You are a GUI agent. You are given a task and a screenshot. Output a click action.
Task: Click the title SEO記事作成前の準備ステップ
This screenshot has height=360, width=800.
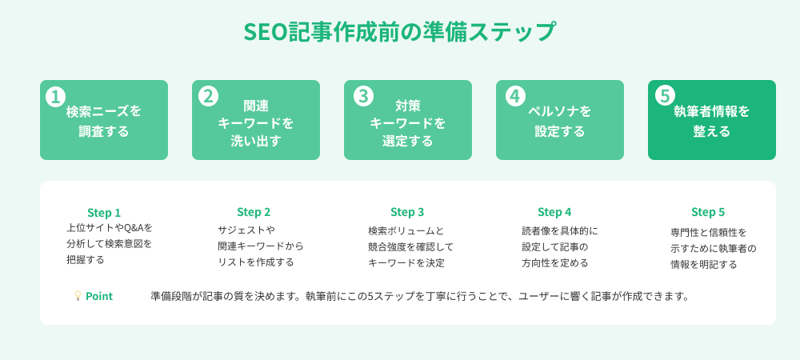(399, 32)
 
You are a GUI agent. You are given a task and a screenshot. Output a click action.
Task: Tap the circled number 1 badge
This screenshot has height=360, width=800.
(55, 97)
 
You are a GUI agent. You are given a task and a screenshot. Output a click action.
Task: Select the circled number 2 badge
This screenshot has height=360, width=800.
(208, 96)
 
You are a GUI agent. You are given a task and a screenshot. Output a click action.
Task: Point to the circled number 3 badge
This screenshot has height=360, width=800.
(363, 96)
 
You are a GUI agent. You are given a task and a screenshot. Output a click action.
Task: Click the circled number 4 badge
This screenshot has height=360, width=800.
(515, 96)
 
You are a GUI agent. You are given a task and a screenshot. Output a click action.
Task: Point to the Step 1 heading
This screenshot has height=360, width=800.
(104, 213)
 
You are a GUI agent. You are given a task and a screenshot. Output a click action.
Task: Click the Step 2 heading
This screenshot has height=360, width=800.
(254, 212)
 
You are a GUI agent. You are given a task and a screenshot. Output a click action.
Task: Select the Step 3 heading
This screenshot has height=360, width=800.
(407, 212)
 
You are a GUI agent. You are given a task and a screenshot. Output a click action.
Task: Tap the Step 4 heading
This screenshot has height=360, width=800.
(554, 212)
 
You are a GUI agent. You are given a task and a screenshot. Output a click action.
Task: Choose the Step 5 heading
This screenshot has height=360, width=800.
(708, 212)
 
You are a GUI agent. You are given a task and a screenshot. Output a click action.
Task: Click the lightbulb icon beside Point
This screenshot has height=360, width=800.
(78, 296)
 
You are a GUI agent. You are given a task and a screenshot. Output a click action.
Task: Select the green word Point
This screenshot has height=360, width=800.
(99, 296)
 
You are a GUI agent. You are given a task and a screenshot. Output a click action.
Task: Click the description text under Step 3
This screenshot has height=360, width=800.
(410, 246)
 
